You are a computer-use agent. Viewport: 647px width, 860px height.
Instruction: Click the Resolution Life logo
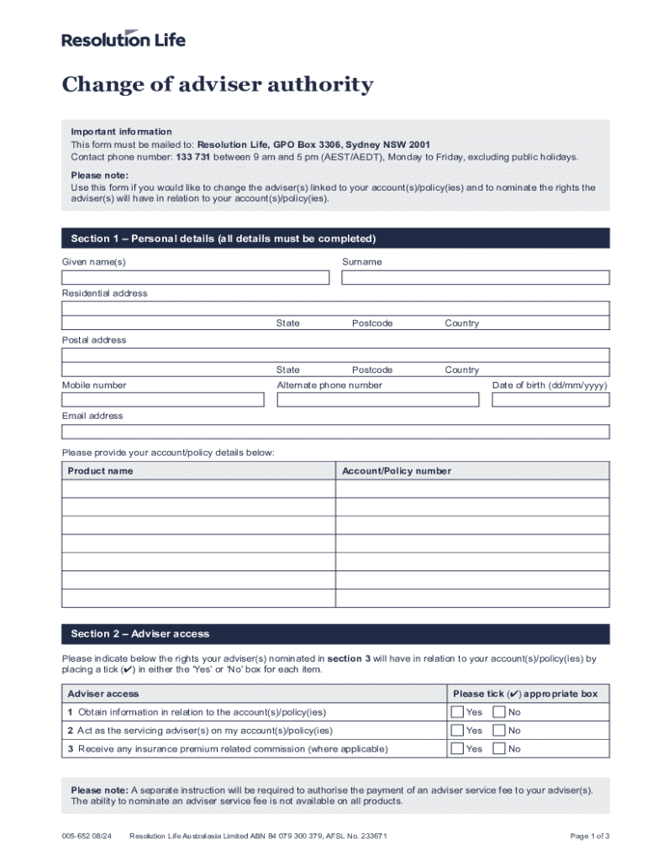[x=124, y=39]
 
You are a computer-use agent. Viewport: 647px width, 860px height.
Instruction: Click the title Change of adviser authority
[x=217, y=85]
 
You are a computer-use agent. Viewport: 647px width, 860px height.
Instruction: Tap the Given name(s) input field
[x=195, y=277]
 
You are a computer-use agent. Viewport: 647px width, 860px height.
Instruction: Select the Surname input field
[x=476, y=277]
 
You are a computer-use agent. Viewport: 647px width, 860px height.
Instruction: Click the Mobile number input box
[x=162, y=400]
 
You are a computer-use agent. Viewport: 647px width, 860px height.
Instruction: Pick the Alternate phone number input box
[x=377, y=400]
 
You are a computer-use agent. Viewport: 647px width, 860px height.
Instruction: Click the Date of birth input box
[x=550, y=400]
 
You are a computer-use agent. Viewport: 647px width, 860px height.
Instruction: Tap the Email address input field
[x=335, y=432]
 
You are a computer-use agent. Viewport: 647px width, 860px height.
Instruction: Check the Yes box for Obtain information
[x=457, y=712]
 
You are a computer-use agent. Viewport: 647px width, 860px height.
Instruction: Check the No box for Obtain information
[x=499, y=712]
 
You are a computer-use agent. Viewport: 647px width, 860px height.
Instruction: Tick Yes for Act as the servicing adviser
[x=457, y=731]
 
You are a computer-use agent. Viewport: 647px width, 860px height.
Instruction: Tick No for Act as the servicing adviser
[x=499, y=731]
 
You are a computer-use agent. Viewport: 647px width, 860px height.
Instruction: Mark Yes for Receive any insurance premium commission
[x=457, y=749]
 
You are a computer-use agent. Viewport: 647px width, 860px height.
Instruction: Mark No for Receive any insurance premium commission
[x=499, y=749]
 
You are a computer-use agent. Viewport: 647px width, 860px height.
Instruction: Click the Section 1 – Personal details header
[x=224, y=239]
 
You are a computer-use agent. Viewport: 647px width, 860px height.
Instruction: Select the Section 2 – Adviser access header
[x=140, y=634]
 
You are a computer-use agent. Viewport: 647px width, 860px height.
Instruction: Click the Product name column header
[x=100, y=471]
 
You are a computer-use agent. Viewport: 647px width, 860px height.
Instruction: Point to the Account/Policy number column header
[x=396, y=471]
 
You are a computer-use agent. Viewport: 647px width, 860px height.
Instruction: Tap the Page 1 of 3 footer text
[x=589, y=836]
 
